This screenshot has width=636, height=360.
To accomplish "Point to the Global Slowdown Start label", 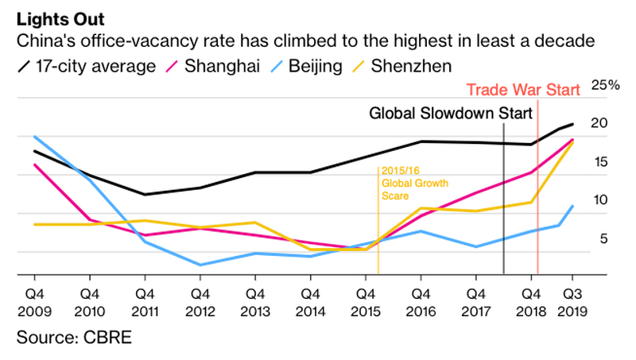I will point(450,114).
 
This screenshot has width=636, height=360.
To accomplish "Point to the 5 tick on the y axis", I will point(602,238).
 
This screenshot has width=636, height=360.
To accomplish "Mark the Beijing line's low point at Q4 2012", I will point(200,265).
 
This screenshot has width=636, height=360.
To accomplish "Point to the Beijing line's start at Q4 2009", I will point(33,137).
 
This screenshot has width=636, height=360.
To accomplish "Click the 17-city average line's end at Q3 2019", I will point(572,123).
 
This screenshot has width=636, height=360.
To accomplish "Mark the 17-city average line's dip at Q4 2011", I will point(144,195).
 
